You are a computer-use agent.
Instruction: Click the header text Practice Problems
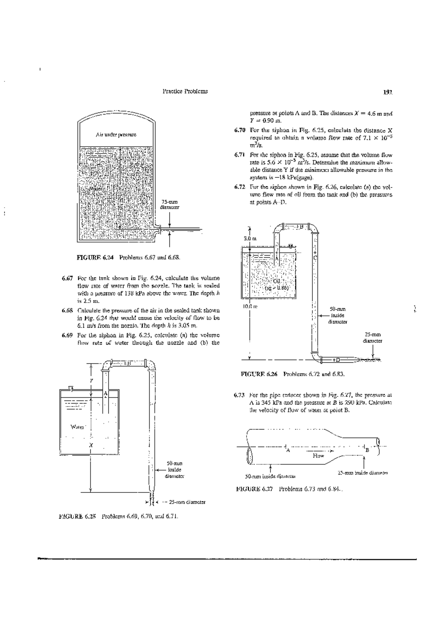coord(185,91)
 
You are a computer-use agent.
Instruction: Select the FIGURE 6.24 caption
coord(128,257)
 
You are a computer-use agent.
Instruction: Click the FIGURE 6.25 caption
coord(119,517)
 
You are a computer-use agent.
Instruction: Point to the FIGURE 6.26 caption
coord(292,374)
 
